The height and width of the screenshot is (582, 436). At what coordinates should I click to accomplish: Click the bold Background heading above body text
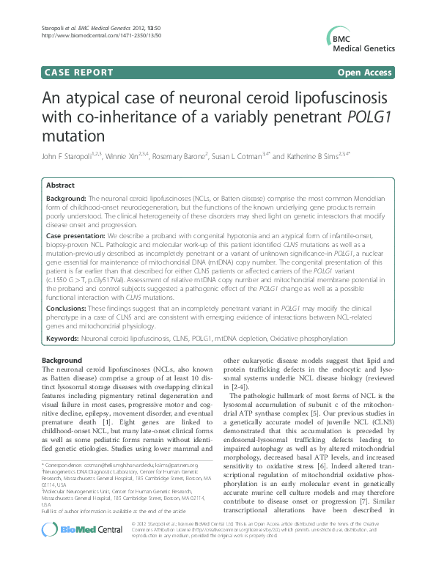[x=62, y=361]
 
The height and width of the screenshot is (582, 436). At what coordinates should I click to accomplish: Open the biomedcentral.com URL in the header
[x=89, y=35]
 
